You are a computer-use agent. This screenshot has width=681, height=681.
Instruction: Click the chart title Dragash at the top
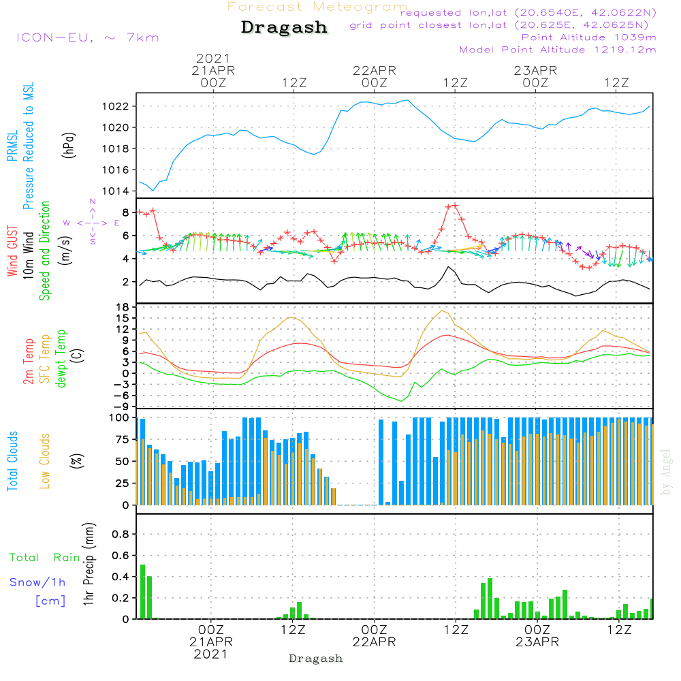[284, 28]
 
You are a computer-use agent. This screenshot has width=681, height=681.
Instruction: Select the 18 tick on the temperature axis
[123, 307]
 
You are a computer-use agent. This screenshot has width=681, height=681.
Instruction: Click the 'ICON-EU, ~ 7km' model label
[87, 37]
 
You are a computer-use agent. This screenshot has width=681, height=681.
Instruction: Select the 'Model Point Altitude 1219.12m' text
[558, 50]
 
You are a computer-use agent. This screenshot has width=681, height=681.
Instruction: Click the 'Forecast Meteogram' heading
[317, 7]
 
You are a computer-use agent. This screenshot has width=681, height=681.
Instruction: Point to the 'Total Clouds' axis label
[13, 461]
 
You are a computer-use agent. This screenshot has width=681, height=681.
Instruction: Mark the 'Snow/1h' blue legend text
[37, 582]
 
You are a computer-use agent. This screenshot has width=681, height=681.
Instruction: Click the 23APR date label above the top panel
[536, 70]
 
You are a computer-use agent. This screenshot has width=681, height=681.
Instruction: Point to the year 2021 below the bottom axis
[211, 654]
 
